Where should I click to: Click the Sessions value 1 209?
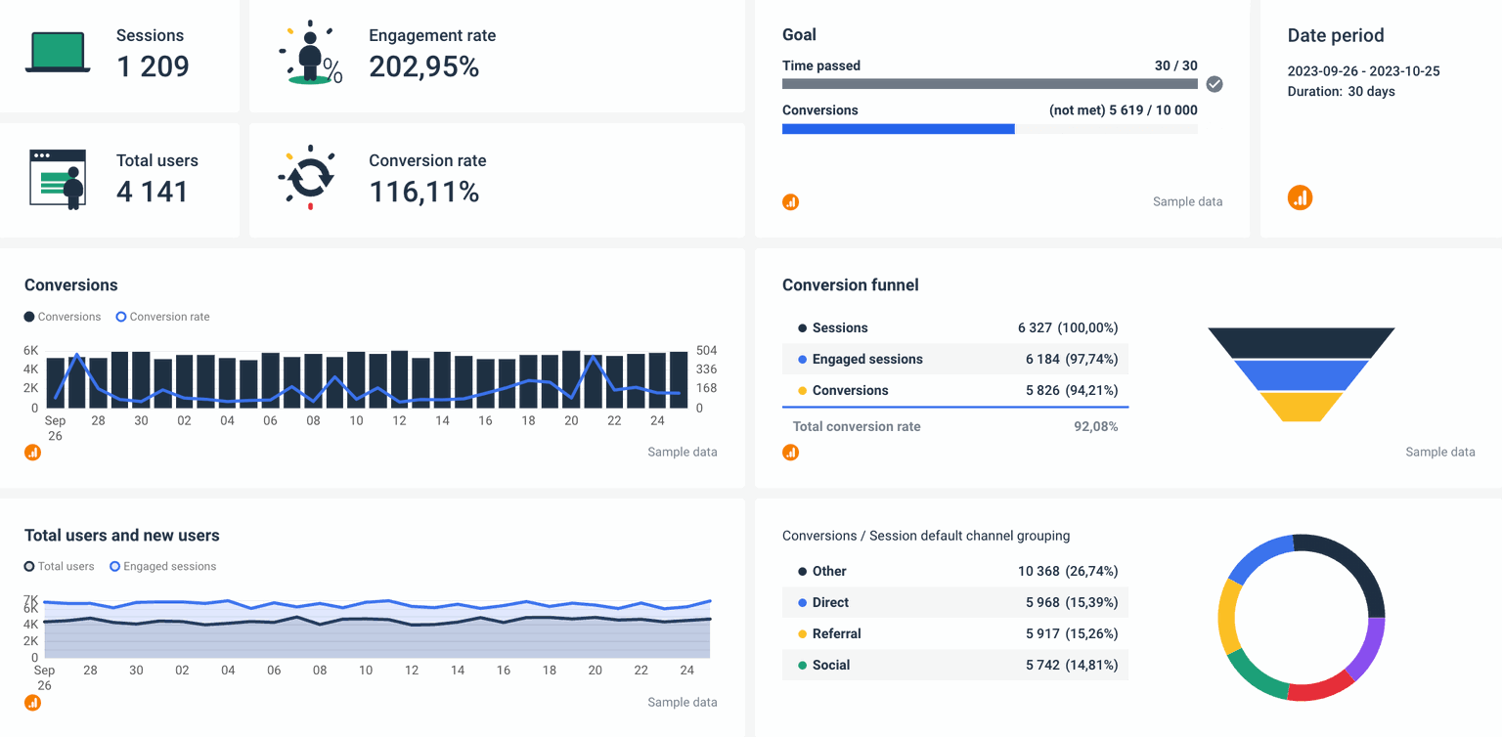click(153, 66)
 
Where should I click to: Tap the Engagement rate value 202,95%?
click(423, 66)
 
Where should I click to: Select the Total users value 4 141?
click(152, 192)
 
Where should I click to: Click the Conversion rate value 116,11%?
click(423, 192)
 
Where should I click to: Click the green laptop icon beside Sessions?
click(58, 52)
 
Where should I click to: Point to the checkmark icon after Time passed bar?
click(1215, 84)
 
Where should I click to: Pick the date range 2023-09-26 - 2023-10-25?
click(1363, 71)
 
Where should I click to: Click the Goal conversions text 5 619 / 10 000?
click(1153, 110)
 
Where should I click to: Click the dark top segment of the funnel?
click(1301, 342)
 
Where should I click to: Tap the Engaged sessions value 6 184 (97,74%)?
click(1071, 359)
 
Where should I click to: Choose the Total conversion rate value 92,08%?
click(1095, 426)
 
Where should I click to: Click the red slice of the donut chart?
click(1319, 687)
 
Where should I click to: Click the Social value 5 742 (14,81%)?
click(1071, 665)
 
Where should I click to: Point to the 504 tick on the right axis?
click(706, 351)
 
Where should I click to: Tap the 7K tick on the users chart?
click(31, 599)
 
